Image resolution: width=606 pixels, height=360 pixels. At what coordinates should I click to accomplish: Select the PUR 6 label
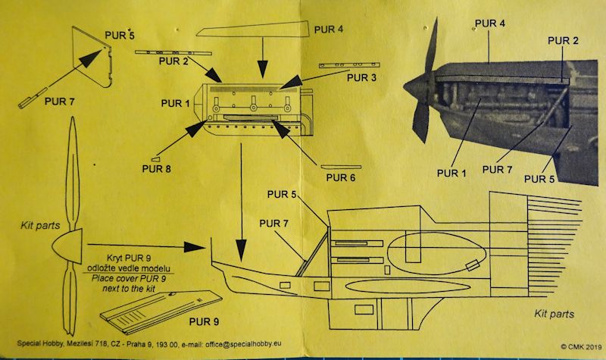click(342, 178)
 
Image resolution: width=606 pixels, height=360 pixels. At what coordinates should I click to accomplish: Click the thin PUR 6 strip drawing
click(342, 165)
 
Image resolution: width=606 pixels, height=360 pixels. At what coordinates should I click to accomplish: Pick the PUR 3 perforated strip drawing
click(345, 65)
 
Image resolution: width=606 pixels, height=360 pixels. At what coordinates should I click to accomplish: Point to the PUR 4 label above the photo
click(489, 23)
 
